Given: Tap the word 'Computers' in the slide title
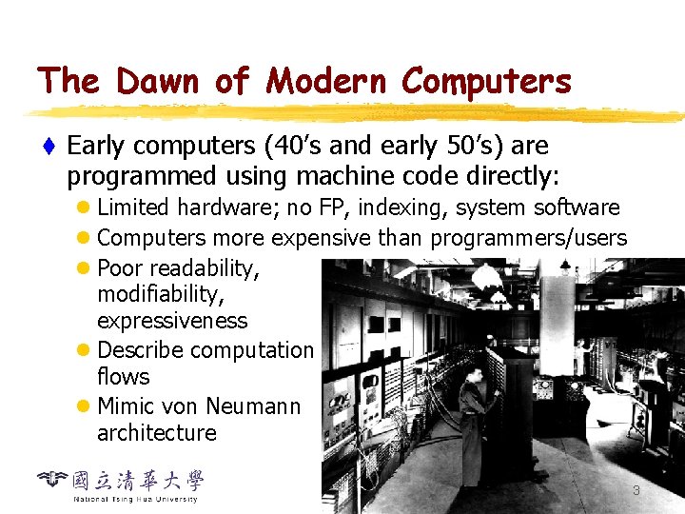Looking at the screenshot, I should point(486,82).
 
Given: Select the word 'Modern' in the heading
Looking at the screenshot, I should point(326,81).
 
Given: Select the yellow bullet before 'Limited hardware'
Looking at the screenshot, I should point(85,208).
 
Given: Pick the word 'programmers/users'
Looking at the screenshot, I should point(529,238).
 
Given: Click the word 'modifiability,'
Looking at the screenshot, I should point(161,294).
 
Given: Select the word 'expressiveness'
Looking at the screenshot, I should point(171,321).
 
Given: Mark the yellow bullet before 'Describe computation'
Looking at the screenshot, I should point(85,350).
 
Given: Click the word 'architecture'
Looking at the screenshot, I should point(156,433).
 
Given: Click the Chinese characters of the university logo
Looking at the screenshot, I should point(143,481).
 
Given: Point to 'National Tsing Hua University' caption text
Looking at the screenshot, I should point(135,499).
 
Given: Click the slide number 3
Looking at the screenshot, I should point(636,490).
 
